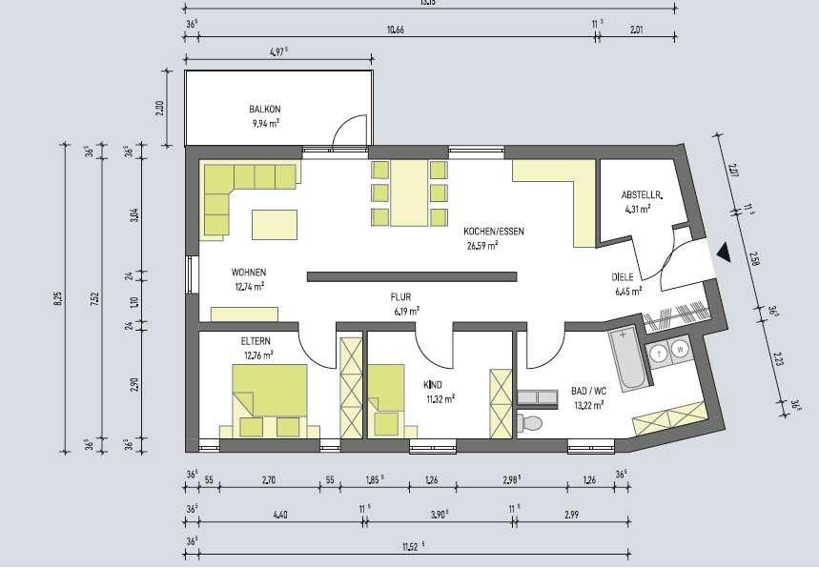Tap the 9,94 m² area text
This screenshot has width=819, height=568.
click(x=264, y=123)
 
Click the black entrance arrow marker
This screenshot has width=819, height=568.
click(x=724, y=253)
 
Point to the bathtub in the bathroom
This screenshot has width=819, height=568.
click(x=627, y=358)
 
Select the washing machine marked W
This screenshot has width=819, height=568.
click(x=681, y=351)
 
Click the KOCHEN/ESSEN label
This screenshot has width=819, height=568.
click(x=493, y=232)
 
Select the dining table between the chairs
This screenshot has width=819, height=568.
click(x=411, y=193)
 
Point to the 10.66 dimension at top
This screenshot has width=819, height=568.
click(x=395, y=30)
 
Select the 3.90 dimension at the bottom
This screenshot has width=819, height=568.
click(x=440, y=514)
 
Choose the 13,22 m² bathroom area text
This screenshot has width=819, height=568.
click(x=591, y=403)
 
